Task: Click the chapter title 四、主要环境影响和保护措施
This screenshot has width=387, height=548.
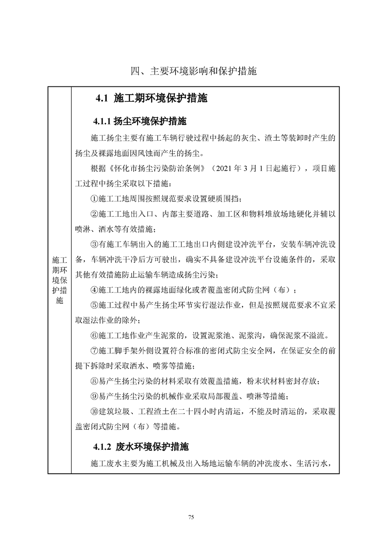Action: pos(193,71)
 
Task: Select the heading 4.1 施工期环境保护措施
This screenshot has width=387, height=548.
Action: pos(152,98)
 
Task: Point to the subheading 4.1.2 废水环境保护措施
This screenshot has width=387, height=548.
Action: pos(142,446)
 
